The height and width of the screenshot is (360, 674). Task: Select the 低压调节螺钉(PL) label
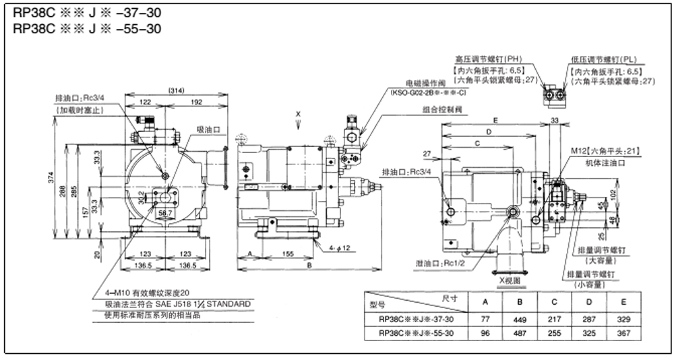click(603, 59)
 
